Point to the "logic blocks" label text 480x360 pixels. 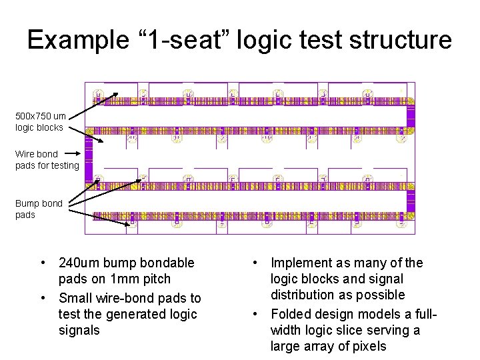pyautogui.click(x=39, y=127)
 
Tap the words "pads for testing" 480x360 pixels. pyautogui.click(x=47, y=165)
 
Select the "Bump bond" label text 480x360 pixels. pyautogui.click(x=39, y=203)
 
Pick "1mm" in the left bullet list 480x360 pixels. pyautogui.click(x=124, y=279)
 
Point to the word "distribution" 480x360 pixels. pyautogui.click(x=303, y=295)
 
